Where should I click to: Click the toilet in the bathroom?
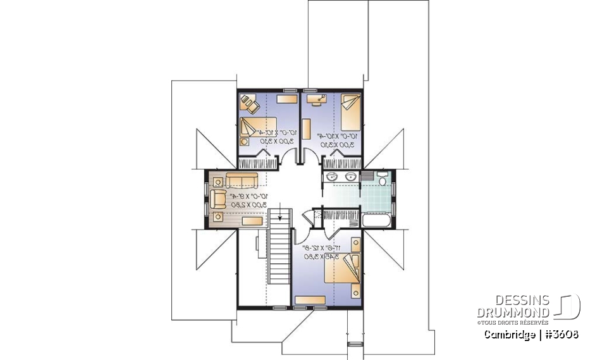(382, 182)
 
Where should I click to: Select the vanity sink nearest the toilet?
(350, 177)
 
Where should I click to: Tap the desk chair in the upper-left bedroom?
(247, 101)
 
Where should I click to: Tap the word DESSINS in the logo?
(522, 300)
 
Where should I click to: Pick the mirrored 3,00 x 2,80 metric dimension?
(248, 205)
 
